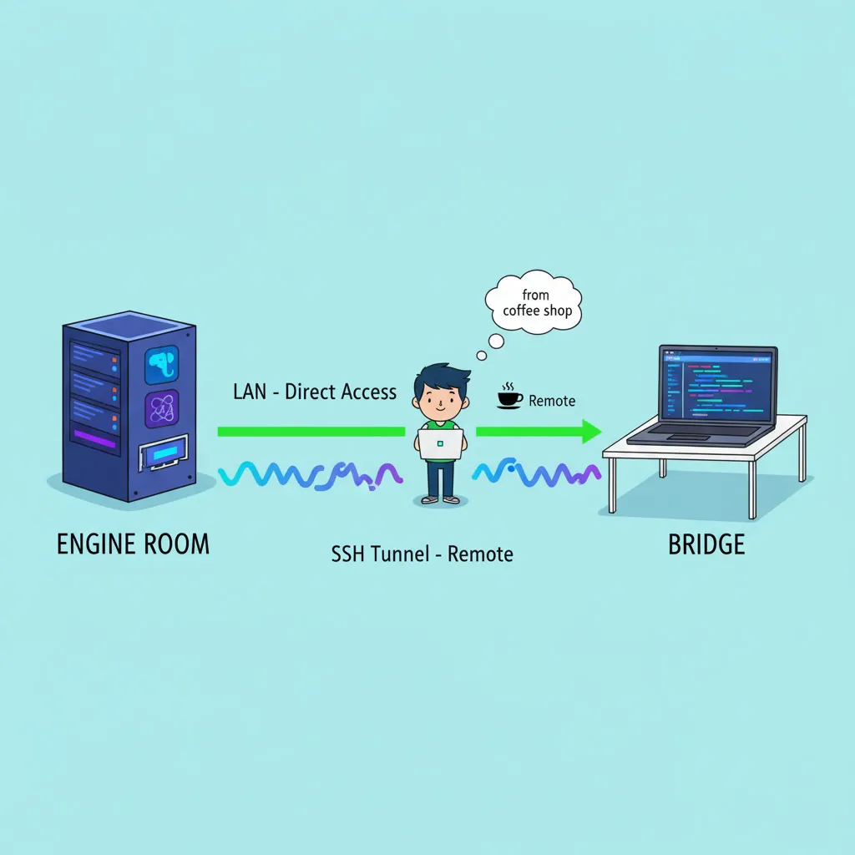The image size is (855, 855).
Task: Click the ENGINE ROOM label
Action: click(x=133, y=544)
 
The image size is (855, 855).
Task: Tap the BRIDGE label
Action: click(x=706, y=544)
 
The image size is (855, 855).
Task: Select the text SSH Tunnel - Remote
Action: click(x=422, y=554)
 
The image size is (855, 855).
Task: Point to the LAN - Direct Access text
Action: click(x=315, y=392)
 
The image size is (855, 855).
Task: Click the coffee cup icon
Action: click(x=509, y=396)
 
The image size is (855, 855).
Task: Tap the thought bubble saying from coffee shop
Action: click(x=534, y=302)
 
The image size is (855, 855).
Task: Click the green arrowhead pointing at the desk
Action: click(x=592, y=432)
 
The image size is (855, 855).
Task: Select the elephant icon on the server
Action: click(x=161, y=365)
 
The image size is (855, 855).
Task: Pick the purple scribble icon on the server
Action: click(x=161, y=409)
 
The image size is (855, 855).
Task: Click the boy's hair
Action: click(x=441, y=378)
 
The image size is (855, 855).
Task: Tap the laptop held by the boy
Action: click(x=441, y=444)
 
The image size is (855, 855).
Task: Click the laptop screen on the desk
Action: click(x=717, y=386)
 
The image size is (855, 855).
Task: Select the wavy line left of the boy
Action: click(x=311, y=475)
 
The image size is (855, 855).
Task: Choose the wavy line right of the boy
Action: click(x=537, y=473)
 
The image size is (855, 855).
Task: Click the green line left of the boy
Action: click(x=311, y=432)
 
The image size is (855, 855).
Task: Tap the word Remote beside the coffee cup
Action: click(x=552, y=401)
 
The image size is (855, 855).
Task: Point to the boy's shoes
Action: click(x=441, y=499)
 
